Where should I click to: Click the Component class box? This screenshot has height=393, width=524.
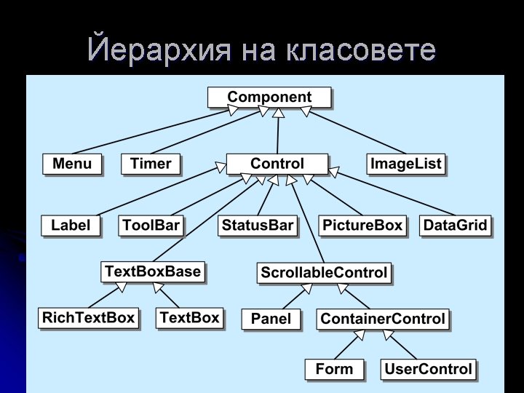pyautogui.click(x=269, y=98)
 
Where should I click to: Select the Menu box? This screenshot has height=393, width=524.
pyautogui.click(x=72, y=164)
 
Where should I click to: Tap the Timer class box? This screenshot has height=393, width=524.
pyautogui.click(x=151, y=164)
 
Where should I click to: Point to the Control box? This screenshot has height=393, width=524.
pyautogui.click(x=277, y=164)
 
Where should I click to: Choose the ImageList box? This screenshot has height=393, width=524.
pyautogui.click(x=405, y=164)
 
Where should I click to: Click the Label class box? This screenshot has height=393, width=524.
pyautogui.click(x=71, y=226)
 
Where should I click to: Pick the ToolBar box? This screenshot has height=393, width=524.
pyautogui.click(x=151, y=226)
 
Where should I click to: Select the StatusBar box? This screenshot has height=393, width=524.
pyautogui.click(x=258, y=226)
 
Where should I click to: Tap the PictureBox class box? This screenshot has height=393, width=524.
pyautogui.click(x=362, y=226)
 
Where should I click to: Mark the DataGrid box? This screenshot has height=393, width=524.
pyautogui.click(x=455, y=226)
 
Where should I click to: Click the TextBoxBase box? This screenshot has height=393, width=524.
pyautogui.click(x=153, y=271)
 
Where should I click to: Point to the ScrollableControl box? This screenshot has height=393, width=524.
pyautogui.click(x=324, y=273)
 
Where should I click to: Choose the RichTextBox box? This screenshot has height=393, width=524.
pyautogui.click(x=88, y=318)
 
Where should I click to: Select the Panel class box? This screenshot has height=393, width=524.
pyautogui.click(x=271, y=319)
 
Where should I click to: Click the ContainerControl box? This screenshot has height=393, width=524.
pyautogui.click(x=383, y=319)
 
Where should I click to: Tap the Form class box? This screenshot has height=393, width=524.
pyautogui.click(x=334, y=370)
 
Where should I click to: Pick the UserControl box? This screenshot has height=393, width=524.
pyautogui.click(x=428, y=370)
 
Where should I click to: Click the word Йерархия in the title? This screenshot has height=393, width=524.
pyautogui.click(x=159, y=49)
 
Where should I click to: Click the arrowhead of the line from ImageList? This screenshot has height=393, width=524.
pyautogui.click(x=306, y=111)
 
